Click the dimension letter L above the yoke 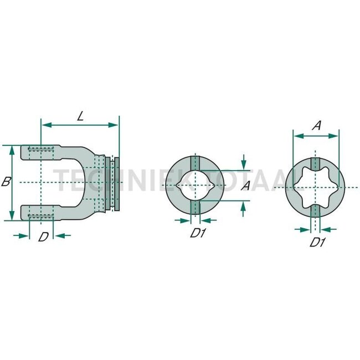point(80,116)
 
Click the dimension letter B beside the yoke point(6,181)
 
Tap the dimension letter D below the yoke point(43,238)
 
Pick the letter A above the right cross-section point(316,126)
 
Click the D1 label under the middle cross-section point(198,234)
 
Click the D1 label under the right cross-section point(316,242)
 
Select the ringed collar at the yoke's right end point(115,183)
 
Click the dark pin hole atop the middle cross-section point(194,163)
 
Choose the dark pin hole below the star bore point(316,212)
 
